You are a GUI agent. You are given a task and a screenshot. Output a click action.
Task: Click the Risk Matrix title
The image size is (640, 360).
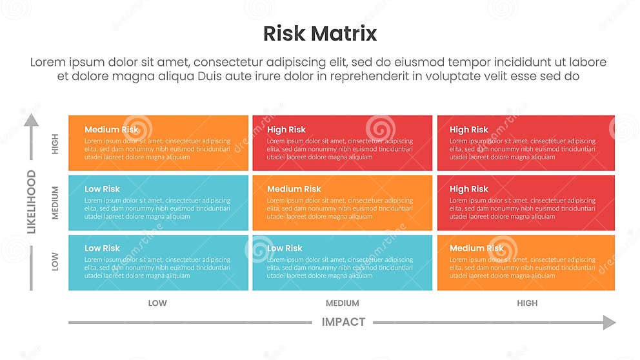[x=320, y=34]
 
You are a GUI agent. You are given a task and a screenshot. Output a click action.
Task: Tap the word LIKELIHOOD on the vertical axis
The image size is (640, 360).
[x=31, y=201]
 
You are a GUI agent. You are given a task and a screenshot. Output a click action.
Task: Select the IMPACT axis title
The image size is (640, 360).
[x=343, y=322]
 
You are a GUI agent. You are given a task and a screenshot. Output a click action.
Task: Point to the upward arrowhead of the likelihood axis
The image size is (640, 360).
[x=31, y=120]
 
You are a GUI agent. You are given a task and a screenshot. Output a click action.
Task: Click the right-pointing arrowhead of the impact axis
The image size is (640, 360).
[x=609, y=322]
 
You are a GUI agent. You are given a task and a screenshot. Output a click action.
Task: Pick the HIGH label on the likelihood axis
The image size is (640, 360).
[x=55, y=143]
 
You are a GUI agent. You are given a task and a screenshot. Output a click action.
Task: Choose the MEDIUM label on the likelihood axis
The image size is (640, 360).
[x=55, y=203]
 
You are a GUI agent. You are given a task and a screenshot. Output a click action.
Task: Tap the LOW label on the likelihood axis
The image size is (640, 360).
[x=55, y=262]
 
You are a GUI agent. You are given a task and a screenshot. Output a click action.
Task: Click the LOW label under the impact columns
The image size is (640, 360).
[x=157, y=303]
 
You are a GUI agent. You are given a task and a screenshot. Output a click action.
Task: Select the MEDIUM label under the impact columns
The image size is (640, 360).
[x=342, y=303]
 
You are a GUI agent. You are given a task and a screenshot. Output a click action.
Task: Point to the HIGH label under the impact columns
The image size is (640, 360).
[x=526, y=303]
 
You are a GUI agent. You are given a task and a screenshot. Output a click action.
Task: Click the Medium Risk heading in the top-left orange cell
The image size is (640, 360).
[x=112, y=130]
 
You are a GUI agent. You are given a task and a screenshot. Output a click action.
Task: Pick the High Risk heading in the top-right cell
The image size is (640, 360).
[x=469, y=130]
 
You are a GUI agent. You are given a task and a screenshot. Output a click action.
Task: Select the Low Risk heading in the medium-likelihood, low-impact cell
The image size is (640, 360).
[x=102, y=189]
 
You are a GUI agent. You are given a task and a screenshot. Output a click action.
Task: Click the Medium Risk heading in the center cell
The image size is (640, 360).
[x=294, y=189]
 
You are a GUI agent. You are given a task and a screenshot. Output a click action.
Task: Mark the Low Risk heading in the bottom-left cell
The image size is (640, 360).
[x=102, y=248]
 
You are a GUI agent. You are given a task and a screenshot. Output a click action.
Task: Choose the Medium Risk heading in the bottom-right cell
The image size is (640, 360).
[x=477, y=248]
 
